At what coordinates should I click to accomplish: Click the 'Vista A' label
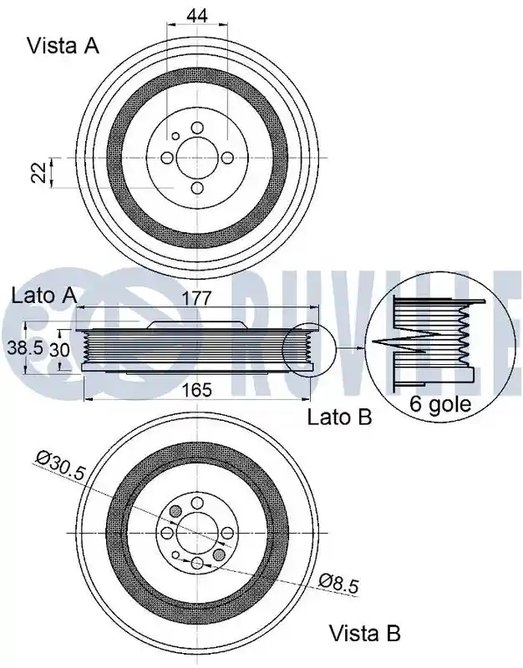(63, 46)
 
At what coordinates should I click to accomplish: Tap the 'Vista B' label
(364, 634)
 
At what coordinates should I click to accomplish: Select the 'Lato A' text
(44, 296)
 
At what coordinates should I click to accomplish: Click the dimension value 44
(197, 15)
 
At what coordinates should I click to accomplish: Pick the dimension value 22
(40, 172)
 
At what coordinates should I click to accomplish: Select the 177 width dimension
(197, 298)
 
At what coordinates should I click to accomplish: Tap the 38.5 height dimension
(25, 348)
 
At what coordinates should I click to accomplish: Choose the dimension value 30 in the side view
(59, 350)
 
